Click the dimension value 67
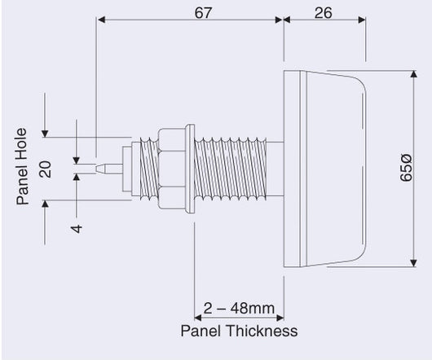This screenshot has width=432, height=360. (x=203, y=13)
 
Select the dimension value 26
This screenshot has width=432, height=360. (x=323, y=13)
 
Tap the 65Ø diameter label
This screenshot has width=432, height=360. (x=406, y=168)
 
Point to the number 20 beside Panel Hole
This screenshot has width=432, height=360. (x=46, y=169)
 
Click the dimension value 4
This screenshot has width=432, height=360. (x=77, y=229)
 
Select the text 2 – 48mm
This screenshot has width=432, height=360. (x=239, y=308)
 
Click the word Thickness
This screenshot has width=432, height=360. (x=262, y=331)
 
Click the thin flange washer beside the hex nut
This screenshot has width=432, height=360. (x=190, y=169)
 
